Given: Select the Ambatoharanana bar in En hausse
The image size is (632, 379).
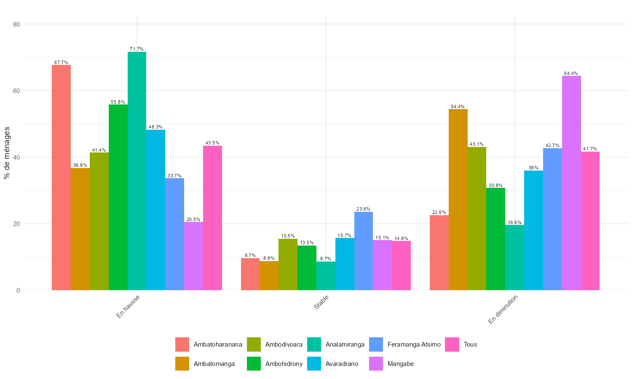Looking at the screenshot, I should click(x=61, y=177).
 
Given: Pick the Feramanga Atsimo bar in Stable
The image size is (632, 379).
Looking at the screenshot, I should click(x=364, y=251).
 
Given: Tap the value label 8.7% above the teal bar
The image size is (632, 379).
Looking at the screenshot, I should click(x=326, y=259).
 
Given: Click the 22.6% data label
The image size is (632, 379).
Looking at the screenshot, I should click(x=439, y=212).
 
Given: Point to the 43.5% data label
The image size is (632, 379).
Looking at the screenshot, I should click(x=212, y=143).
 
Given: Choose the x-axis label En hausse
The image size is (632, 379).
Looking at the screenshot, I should click(x=128, y=307).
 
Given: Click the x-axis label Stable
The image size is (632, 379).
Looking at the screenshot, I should click(x=321, y=302).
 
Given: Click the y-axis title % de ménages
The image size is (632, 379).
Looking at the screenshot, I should click(x=7, y=153).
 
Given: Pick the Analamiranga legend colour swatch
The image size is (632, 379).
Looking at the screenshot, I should click(x=314, y=344).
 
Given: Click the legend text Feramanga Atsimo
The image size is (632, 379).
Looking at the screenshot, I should click(x=414, y=344).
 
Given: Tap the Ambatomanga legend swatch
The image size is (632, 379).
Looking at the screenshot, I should click(x=182, y=364).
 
